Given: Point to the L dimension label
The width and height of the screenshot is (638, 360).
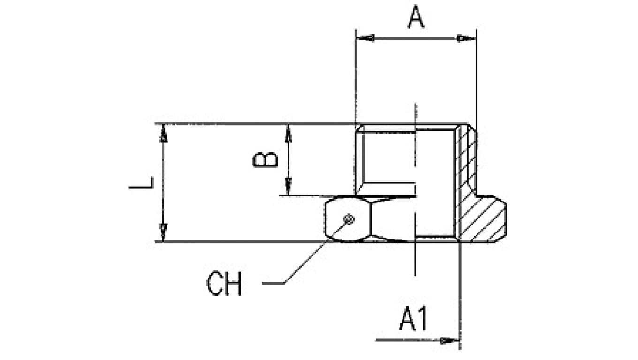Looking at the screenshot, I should pyautogui.click(x=141, y=183).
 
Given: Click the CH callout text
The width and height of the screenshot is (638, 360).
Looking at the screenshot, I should pyautogui.click(x=224, y=284).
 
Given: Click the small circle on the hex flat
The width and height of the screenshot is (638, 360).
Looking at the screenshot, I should pyautogui.click(x=349, y=219).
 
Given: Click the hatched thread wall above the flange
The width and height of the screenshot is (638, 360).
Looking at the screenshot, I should pyautogui.click(x=466, y=159).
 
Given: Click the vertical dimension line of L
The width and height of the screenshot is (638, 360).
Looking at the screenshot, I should pyautogui.click(x=163, y=183).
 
